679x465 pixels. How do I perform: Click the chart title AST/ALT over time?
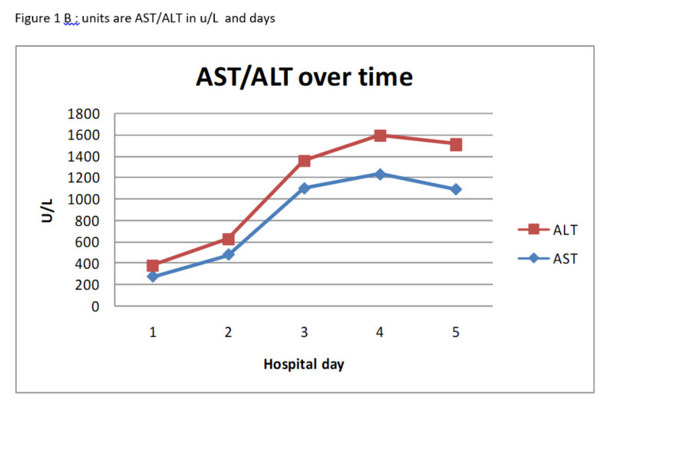(304, 77)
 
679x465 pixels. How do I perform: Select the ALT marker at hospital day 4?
(380, 136)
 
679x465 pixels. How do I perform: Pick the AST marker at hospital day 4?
(380, 175)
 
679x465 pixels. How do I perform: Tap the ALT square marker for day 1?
(153, 266)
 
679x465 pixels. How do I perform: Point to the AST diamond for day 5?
(456, 189)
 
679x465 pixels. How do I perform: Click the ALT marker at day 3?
(305, 161)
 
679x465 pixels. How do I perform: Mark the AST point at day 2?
(229, 254)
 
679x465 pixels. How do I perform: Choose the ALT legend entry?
(565, 229)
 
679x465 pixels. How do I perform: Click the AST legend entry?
(565, 258)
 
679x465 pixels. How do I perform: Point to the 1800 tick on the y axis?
(84, 114)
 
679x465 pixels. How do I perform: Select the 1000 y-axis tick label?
(84, 199)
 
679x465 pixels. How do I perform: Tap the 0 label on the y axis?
(95, 306)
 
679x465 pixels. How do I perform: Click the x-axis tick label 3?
(305, 332)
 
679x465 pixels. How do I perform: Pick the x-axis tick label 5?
(456, 332)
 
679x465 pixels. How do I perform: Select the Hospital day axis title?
(304, 364)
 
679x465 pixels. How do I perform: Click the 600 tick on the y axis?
(87, 242)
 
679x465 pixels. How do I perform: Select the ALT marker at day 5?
(456, 144)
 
